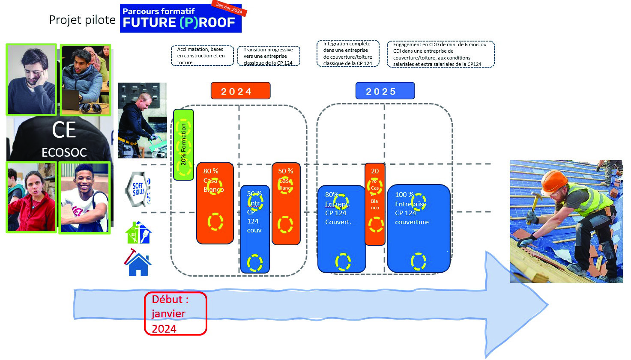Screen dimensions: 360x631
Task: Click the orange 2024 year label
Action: (240, 91)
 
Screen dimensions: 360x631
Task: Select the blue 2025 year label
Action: (385, 91)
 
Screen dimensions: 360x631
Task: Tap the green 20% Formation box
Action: (183, 144)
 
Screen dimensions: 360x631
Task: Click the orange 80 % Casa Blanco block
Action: (215, 203)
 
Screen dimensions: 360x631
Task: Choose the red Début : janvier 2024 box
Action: (175, 313)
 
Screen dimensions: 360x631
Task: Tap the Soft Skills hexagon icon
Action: (138, 189)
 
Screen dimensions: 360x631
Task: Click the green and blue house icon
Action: (138, 233)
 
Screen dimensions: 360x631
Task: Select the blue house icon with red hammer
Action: (138, 262)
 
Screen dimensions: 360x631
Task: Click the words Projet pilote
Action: (82, 20)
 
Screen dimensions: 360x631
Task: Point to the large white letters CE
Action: (64, 130)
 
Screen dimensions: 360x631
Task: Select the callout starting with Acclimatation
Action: (202, 56)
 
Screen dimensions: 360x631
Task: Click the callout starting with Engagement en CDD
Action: (440, 54)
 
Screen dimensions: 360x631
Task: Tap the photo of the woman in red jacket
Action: (31, 197)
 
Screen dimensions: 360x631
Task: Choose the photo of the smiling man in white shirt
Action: (84, 197)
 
